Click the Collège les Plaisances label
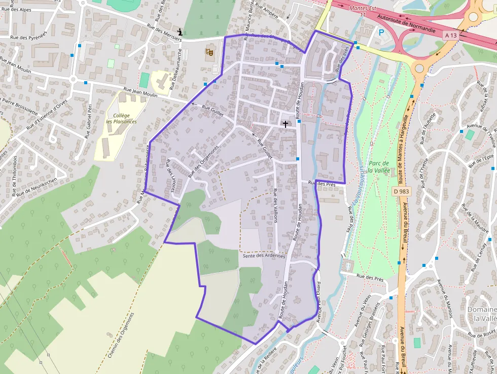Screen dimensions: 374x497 [121, 118]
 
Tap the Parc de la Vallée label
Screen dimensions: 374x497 [379, 166]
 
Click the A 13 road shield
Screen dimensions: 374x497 [451, 35]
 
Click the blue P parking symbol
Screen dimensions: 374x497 [381, 32]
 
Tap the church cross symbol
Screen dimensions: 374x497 [285, 123]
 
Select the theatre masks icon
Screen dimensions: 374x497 [208, 51]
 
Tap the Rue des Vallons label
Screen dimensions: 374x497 [275, 206]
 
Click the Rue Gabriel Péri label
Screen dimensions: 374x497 [88, 121]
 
